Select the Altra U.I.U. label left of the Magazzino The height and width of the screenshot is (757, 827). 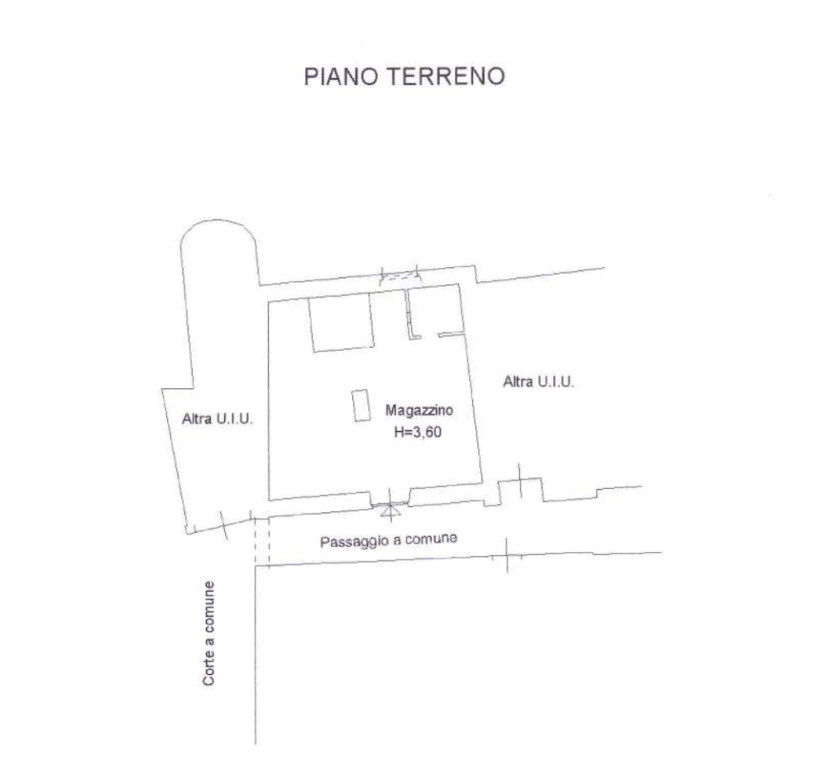[217, 420]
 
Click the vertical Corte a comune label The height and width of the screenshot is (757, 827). [209, 633]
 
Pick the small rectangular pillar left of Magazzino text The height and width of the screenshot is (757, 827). [361, 405]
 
